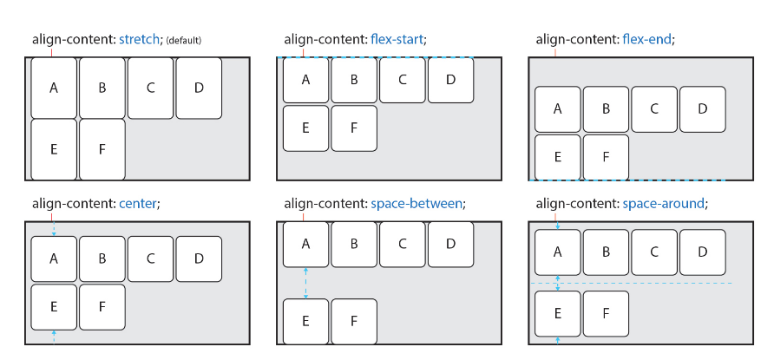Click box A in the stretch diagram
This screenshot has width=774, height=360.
54,87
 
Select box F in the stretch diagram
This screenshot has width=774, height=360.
102,148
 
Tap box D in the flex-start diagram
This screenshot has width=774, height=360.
449,80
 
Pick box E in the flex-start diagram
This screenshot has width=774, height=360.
305,128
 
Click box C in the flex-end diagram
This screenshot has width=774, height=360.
653,108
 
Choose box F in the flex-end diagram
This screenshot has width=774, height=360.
605,157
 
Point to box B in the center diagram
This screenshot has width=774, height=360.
102,259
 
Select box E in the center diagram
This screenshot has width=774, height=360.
54,306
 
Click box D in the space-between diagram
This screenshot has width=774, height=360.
449,244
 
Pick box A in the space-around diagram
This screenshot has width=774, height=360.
557,252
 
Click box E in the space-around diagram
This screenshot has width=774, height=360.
557,313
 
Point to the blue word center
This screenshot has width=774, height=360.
138,204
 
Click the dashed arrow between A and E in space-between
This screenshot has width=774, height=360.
305,282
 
